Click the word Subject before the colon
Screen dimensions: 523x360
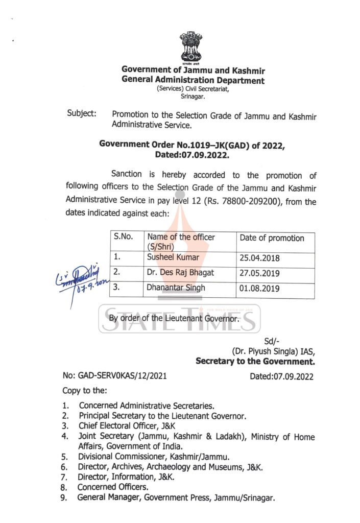[80, 113]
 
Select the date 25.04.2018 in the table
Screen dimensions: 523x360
[259, 258]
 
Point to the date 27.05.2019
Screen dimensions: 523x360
[259, 273]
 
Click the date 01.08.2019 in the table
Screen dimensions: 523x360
[259, 289]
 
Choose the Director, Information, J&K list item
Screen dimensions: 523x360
[126, 477]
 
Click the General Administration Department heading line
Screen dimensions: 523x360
[193, 80]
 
